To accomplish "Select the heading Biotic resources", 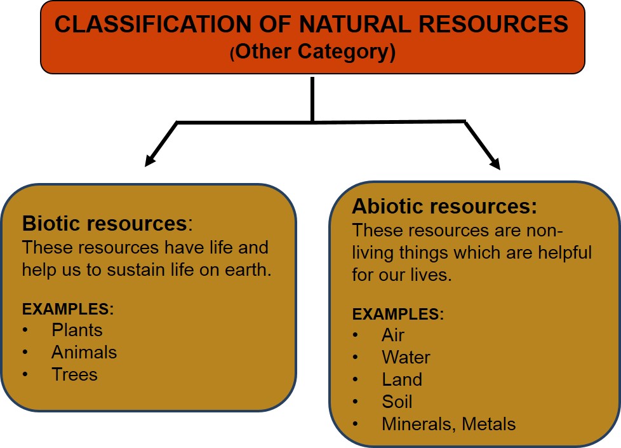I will (x=105, y=224).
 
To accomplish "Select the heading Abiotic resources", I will (x=444, y=207).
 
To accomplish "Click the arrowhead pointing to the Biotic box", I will (x=150, y=161).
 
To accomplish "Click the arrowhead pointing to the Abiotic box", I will (x=495, y=164).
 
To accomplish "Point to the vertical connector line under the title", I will (x=312, y=98).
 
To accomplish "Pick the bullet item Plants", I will (x=77, y=330).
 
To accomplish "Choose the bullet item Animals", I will (x=84, y=352).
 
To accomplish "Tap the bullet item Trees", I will (x=74, y=374).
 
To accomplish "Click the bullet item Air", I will (x=393, y=335).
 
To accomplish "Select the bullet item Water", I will (x=406, y=357).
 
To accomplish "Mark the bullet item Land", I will (x=402, y=379).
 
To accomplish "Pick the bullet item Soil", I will (x=397, y=402).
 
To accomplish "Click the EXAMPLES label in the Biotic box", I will (x=67, y=309).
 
